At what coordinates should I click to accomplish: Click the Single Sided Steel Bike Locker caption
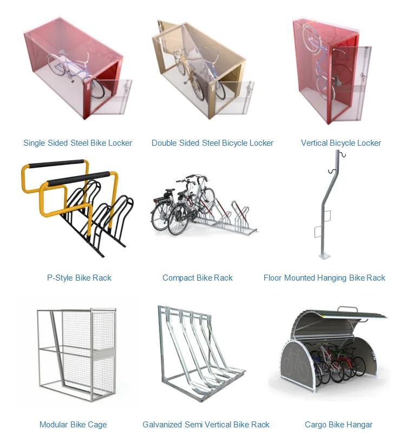[77, 143]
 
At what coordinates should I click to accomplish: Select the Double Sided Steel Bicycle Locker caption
[212, 143]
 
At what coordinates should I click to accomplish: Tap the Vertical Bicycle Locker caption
[341, 143]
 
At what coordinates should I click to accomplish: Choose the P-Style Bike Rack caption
[79, 278]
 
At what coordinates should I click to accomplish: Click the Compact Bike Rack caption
[198, 278]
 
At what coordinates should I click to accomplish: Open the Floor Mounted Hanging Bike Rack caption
[324, 278]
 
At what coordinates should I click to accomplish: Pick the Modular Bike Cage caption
[73, 425]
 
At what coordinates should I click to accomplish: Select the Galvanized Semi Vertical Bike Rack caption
[206, 425]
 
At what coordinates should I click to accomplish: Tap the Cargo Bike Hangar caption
[338, 425]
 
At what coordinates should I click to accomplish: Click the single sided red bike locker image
[76, 68]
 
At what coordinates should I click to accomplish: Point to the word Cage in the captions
[96, 425]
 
